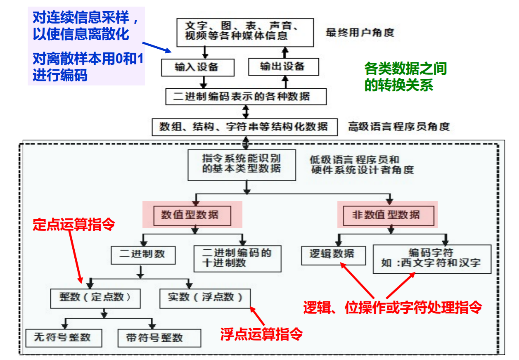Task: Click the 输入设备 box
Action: (x=197, y=67)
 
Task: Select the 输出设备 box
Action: (x=283, y=66)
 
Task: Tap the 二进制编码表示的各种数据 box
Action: (x=246, y=97)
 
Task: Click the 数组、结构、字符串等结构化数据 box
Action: (x=245, y=127)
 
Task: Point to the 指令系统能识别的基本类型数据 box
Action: (x=242, y=165)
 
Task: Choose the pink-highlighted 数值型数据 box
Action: (x=192, y=215)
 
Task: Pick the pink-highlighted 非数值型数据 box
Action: (x=386, y=215)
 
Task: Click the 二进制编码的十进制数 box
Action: (x=237, y=258)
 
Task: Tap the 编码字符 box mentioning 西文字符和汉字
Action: (x=432, y=258)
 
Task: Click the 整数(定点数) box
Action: (x=95, y=298)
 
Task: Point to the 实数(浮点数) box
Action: (x=205, y=297)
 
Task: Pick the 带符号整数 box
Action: (x=159, y=338)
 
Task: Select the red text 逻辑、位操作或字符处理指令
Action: (x=393, y=307)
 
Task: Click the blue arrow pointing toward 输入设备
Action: (x=157, y=47)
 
